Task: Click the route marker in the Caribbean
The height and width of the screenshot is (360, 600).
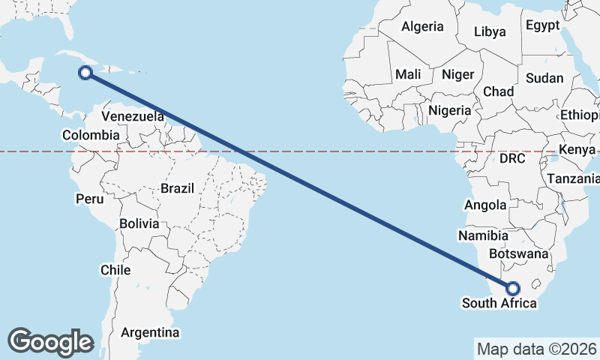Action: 85,73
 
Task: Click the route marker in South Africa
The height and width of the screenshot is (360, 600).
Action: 513,288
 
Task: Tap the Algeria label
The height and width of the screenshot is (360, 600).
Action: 422,26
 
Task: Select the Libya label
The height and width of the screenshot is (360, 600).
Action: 490,31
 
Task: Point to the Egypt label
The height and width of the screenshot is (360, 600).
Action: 542,25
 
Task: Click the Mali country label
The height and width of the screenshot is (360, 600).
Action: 408,74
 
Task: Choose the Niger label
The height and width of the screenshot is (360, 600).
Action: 457,74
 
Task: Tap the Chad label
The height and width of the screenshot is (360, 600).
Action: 499,91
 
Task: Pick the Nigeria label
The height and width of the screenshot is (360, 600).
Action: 450,110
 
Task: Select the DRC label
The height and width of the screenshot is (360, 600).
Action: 513,159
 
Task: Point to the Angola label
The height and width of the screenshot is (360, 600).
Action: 486,205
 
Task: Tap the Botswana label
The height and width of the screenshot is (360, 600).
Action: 518,253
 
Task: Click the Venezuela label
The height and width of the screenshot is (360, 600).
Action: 133,116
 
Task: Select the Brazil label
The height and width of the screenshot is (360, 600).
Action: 178,188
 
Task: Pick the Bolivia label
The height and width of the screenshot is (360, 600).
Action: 139,223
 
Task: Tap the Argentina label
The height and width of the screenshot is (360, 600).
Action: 150,331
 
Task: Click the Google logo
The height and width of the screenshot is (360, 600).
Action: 50,341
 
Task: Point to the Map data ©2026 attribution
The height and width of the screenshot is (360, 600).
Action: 537,349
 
